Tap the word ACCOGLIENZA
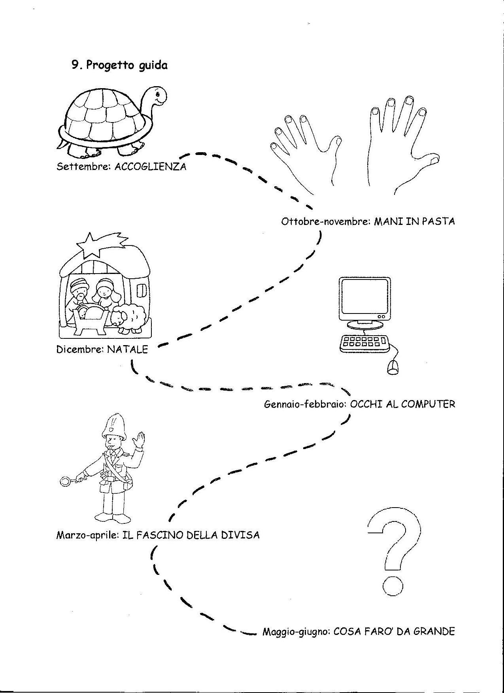[x=150, y=166]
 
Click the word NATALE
[x=127, y=349]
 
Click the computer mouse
[x=392, y=367]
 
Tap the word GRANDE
[x=434, y=631]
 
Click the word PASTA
[x=438, y=221]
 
